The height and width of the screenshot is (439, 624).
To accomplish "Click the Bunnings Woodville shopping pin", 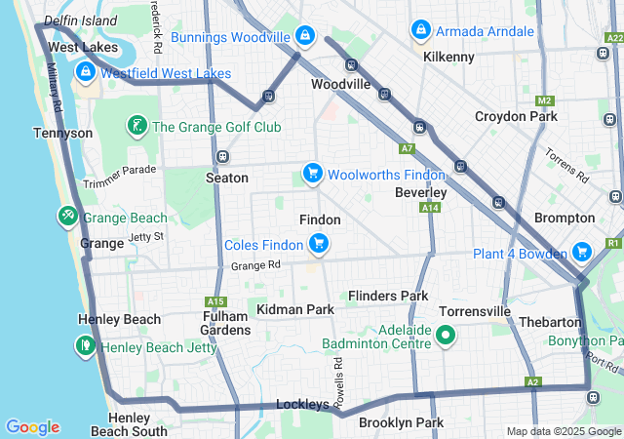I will click(x=305, y=36).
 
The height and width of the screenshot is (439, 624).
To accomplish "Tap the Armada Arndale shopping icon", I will click(x=420, y=30).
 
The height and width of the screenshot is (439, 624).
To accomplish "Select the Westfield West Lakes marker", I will click(x=85, y=72).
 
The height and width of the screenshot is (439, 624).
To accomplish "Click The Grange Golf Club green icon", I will click(x=137, y=126).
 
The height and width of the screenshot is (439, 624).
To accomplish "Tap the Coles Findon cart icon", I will click(x=317, y=243).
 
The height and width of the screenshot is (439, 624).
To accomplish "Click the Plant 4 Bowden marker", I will click(x=582, y=253).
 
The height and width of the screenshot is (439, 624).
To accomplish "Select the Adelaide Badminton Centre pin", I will click(x=447, y=337).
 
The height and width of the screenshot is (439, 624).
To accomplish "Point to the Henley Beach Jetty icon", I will click(x=85, y=345).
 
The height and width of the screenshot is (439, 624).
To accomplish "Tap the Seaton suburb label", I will click(x=226, y=178).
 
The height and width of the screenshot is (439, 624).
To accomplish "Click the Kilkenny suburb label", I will click(x=448, y=57).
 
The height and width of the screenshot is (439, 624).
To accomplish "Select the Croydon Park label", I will click(x=516, y=116).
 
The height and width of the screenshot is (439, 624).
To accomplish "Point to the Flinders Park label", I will click(x=388, y=296).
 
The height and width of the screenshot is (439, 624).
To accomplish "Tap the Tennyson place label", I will click(x=62, y=133).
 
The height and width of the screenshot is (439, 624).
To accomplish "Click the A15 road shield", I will click(x=216, y=301).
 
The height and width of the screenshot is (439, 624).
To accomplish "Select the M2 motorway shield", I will click(x=544, y=100).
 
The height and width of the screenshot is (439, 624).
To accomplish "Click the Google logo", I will click(x=32, y=427).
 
